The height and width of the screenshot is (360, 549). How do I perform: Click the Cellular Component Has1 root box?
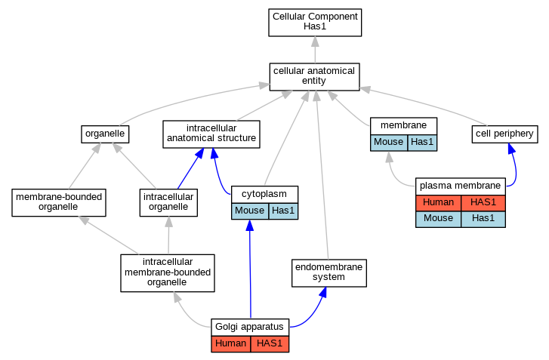tap(315, 23)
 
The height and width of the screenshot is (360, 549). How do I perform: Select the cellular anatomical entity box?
tap(314, 77)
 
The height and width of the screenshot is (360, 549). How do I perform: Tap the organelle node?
tap(105, 134)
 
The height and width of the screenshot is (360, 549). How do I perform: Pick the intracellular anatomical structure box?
tap(211, 134)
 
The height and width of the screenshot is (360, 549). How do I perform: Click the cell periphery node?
tap(504, 134)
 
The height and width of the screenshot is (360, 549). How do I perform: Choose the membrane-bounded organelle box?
tap(59, 202)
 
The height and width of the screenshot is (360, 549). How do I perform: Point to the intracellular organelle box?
tap(168, 202)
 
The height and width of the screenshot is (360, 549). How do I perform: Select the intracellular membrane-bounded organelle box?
tap(168, 273)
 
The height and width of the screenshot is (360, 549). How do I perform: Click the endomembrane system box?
tap(329, 273)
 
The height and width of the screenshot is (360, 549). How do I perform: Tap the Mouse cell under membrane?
tap(389, 143)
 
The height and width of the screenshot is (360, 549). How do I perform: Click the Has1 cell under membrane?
tap(422, 143)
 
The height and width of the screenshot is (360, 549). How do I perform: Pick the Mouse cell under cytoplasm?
tap(250, 211)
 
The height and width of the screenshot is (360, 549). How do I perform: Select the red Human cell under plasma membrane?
tap(438, 203)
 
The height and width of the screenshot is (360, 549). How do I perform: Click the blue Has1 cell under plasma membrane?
tap(483, 219)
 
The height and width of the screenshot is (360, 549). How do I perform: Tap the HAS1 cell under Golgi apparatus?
tap(270, 344)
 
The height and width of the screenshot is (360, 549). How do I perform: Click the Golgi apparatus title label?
tap(249, 327)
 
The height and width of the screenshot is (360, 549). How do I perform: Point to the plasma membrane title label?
tap(460, 186)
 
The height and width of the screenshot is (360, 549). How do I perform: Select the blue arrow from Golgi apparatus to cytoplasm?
tap(250, 269)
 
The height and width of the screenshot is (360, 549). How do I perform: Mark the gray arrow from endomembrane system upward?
tap(322, 175)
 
